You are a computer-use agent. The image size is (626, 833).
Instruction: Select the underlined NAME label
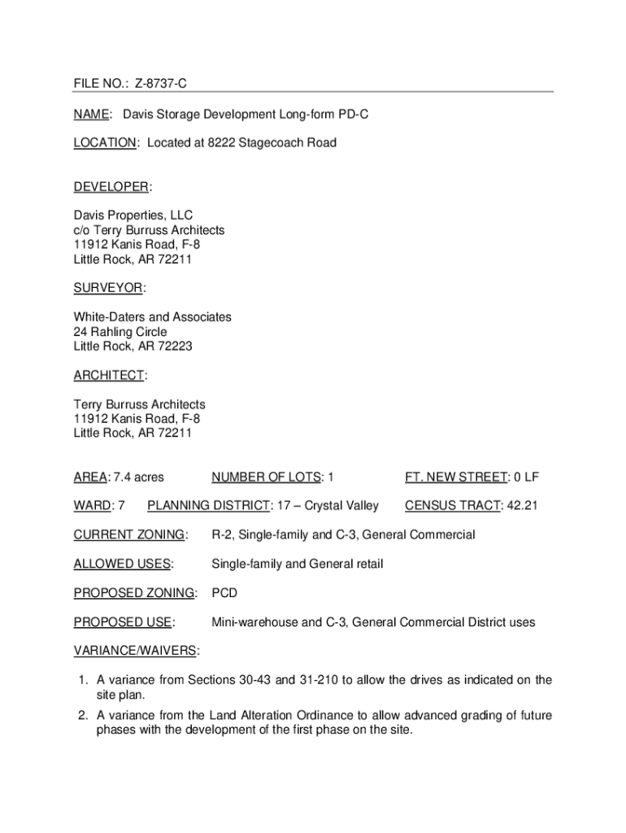coord(91,116)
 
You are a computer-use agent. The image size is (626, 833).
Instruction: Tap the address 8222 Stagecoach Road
coord(272,143)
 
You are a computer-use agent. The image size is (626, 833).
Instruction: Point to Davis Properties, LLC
coord(133,216)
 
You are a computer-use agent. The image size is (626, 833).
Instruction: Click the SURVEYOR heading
coord(108,288)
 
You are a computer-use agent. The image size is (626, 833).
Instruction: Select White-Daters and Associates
coord(152,316)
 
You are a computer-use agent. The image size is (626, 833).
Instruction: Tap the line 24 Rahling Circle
coord(120,332)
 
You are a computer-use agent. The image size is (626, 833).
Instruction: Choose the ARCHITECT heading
coord(109,375)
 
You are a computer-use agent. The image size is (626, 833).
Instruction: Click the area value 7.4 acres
coord(138,477)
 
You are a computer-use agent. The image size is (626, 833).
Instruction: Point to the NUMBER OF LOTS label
coord(267,477)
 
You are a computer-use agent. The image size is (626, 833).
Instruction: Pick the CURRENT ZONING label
coord(129,535)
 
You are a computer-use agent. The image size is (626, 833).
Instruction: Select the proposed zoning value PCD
coord(224,593)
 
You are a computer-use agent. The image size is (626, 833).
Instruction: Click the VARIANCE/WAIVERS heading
coord(136,651)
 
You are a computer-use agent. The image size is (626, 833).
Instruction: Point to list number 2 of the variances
coord(83,716)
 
